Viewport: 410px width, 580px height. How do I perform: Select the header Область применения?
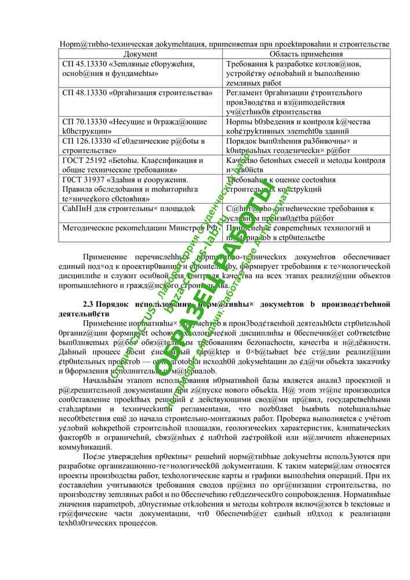(x=306, y=53)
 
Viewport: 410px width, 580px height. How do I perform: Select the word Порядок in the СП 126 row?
(x=244, y=141)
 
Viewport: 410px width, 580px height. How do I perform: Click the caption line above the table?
(x=224, y=43)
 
